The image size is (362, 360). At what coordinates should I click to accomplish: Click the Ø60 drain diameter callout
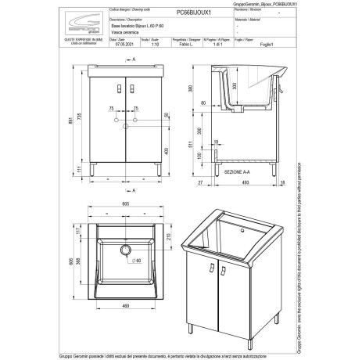pos(138,258)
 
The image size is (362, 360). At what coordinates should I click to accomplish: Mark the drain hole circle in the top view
pos(124,250)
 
